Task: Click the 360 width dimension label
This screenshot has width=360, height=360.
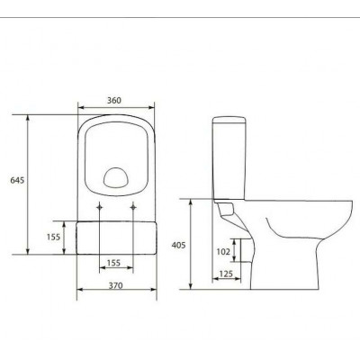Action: point(114,100)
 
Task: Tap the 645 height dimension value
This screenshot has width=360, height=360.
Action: point(17,180)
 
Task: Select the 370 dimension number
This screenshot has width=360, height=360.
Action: point(115,285)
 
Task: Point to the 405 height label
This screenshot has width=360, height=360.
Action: point(178,245)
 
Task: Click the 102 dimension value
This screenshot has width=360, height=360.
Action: point(223,251)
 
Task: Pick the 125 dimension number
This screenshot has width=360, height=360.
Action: point(226,274)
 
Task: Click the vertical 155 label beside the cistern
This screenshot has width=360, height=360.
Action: point(53,237)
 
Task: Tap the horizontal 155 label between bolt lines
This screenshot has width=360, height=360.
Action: point(113,263)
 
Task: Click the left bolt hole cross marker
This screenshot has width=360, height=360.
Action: point(99,207)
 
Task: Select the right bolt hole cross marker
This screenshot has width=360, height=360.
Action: point(133,207)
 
